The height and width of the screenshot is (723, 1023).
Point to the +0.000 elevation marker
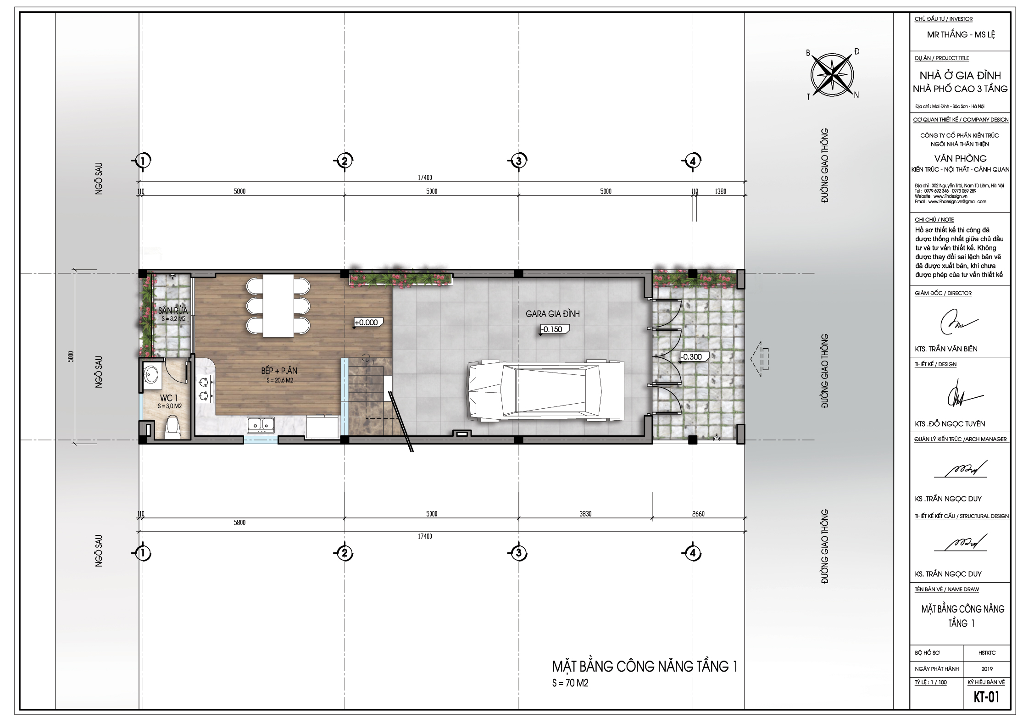point(366,323)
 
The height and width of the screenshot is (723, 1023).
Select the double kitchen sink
point(261,425)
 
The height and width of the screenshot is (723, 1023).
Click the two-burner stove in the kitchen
point(205,388)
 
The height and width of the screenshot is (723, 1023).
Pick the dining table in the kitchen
point(278,306)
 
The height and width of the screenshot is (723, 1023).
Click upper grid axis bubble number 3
point(518,161)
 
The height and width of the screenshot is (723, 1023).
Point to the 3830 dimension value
point(585,514)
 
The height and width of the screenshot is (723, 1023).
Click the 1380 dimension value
point(720,191)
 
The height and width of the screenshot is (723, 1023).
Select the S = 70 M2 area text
point(570,683)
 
